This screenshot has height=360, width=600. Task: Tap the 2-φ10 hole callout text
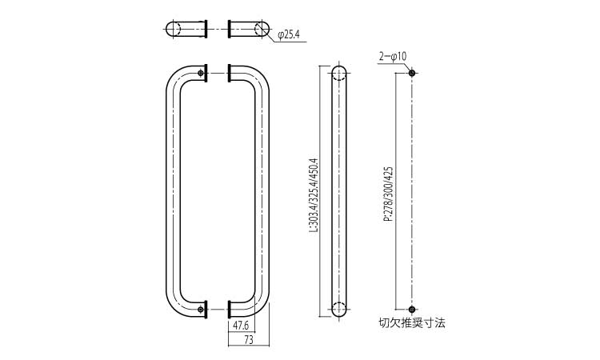pyautogui.click(x=394, y=56)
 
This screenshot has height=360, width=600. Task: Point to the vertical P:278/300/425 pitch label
pyautogui.click(x=388, y=193)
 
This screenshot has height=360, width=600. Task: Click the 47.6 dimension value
pyautogui.click(x=240, y=326)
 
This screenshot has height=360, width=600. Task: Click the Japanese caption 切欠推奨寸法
pyautogui.click(x=411, y=324)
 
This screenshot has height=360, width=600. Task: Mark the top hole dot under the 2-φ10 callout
pyautogui.click(x=412, y=73)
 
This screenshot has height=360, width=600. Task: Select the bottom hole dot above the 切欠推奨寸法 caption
pyautogui.click(x=412, y=309)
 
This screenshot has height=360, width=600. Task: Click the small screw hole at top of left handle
pyautogui.click(x=199, y=78)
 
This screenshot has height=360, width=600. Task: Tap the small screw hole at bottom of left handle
pyautogui.click(x=199, y=309)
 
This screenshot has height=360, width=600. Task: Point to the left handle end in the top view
pyautogui.click(x=186, y=29)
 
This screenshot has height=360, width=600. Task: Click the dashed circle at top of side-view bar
pyautogui.click(x=338, y=77)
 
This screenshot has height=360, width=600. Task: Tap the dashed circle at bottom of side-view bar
pyautogui.click(x=338, y=308)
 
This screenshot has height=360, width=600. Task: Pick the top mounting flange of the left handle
pyautogui.click(x=207, y=73)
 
